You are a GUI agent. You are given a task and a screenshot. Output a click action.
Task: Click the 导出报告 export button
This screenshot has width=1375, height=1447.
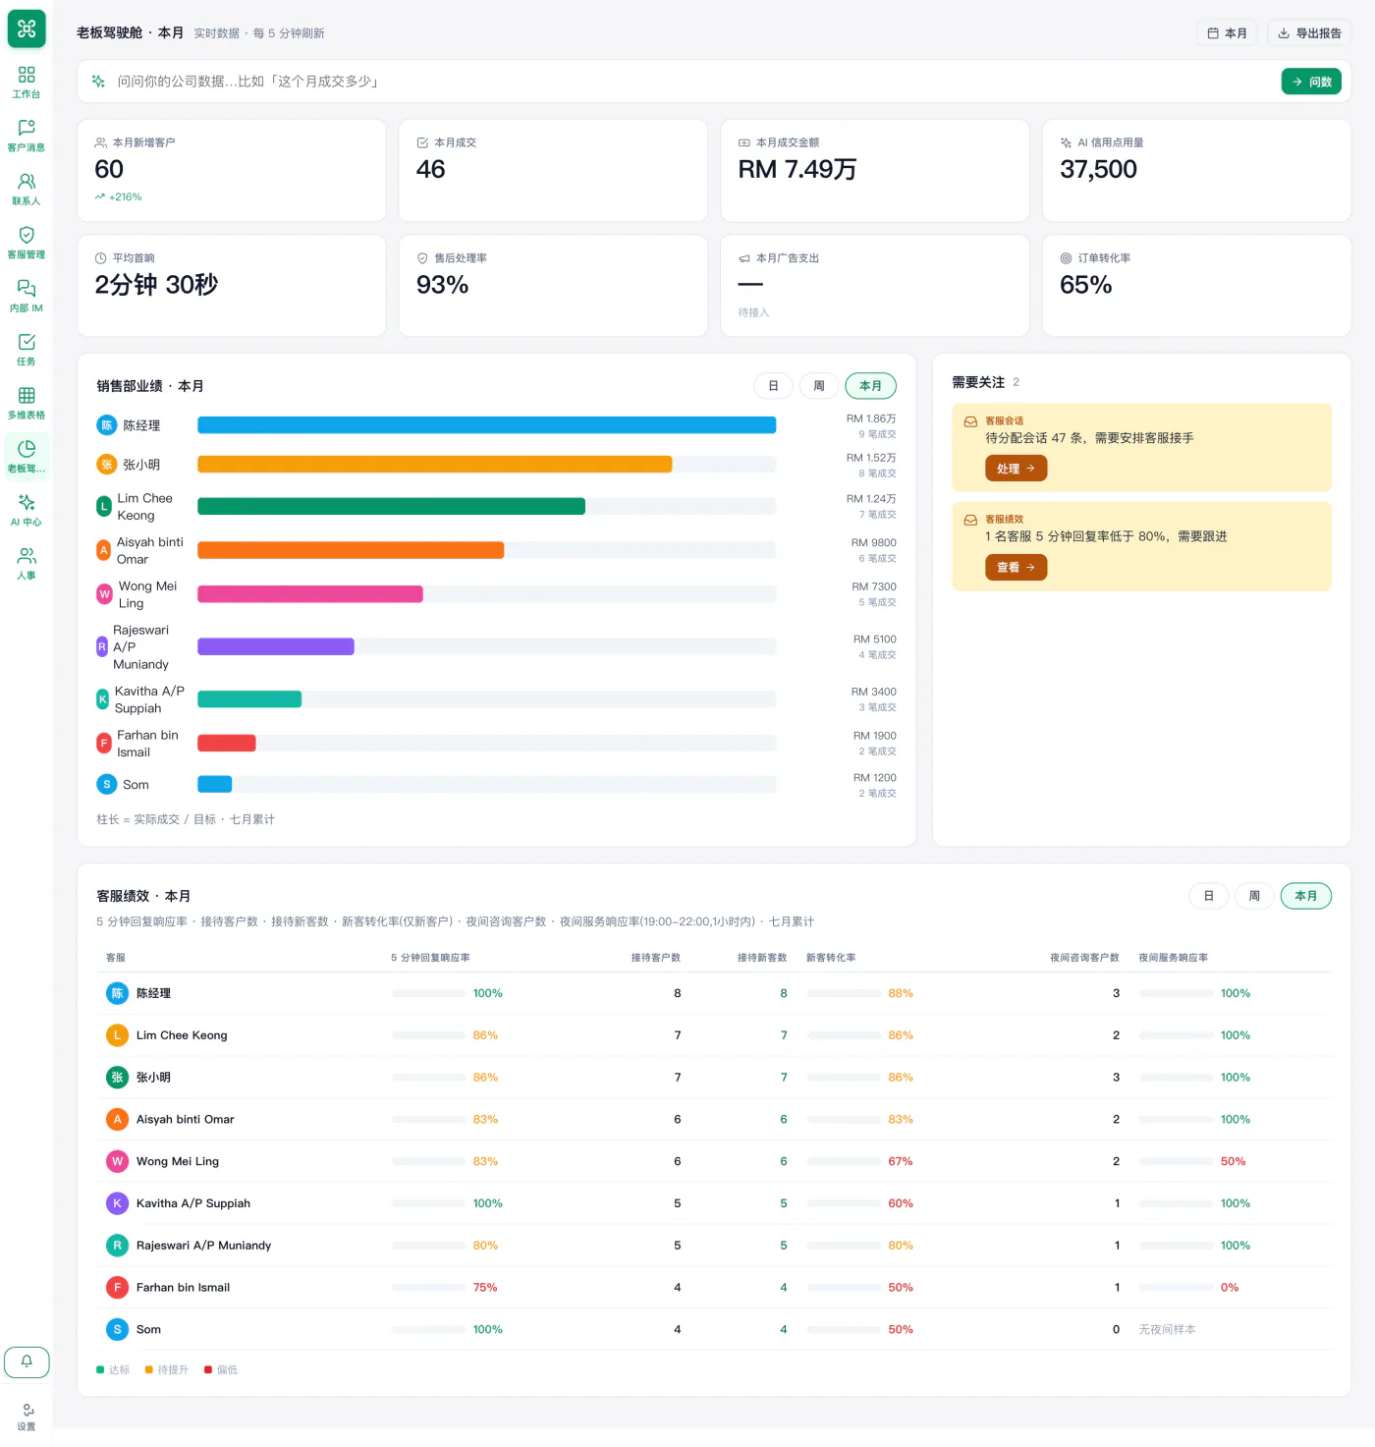click(x=1309, y=33)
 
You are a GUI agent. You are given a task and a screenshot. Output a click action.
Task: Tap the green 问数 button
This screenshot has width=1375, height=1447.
click(x=1311, y=82)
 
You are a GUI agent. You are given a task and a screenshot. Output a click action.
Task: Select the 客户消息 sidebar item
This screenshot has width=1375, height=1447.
click(x=27, y=137)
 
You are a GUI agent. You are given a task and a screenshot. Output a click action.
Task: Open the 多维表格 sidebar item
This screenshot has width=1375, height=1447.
click(x=27, y=404)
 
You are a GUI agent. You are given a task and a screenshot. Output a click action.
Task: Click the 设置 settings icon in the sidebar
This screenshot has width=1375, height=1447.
click(x=27, y=1417)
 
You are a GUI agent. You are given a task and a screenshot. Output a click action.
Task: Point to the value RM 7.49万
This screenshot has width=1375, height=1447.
click(x=797, y=169)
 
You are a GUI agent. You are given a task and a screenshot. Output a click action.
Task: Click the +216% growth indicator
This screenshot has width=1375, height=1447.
click(x=119, y=197)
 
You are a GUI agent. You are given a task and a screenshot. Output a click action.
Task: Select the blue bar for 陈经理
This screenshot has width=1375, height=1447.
click(x=486, y=424)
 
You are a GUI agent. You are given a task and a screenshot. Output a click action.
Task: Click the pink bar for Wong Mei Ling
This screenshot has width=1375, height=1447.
click(x=310, y=594)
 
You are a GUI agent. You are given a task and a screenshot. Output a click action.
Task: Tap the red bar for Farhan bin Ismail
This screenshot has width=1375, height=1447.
click(x=227, y=744)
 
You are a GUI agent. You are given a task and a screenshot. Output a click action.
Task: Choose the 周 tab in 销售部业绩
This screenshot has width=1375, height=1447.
click(x=818, y=386)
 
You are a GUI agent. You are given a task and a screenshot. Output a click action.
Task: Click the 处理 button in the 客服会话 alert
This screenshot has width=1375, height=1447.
click(x=1016, y=469)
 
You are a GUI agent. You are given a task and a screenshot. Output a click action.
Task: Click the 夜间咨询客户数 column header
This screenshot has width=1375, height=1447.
click(x=1084, y=958)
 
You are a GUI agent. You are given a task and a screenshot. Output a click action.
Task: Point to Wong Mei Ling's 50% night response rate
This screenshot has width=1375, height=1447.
click(x=1233, y=1161)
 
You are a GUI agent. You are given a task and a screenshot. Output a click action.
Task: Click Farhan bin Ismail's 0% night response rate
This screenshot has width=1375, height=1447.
click(x=1230, y=1287)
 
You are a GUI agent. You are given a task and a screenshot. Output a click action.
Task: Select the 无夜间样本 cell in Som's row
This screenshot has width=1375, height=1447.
click(x=1167, y=1329)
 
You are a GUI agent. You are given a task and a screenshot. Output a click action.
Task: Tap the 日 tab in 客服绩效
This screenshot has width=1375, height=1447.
click(x=1209, y=896)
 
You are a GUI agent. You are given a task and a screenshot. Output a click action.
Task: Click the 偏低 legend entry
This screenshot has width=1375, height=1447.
click(x=221, y=1369)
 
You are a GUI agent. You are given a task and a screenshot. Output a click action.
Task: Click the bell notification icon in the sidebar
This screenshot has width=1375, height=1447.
click(x=27, y=1362)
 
